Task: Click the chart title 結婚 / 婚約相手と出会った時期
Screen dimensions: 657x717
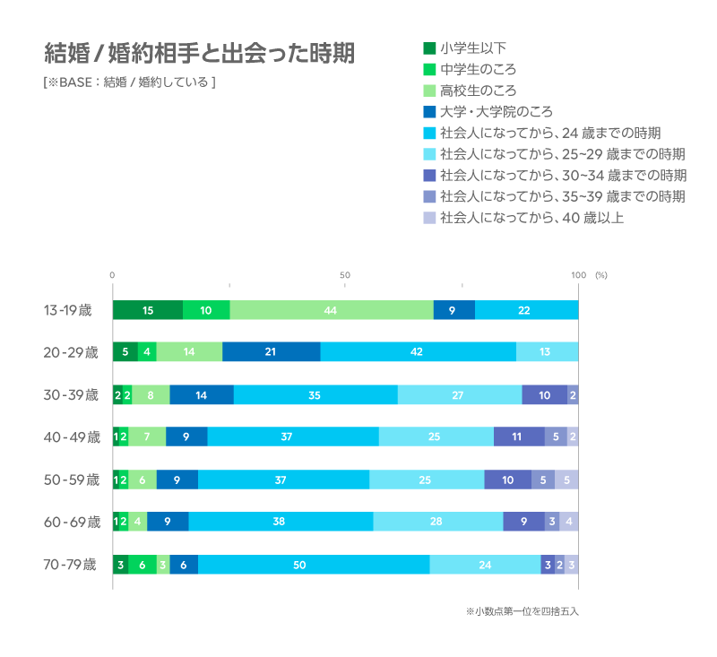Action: [199, 54]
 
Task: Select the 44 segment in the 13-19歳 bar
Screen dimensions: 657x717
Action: [332, 310]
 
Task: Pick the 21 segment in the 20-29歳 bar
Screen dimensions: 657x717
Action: [271, 352]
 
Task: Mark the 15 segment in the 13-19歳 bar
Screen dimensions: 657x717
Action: [148, 310]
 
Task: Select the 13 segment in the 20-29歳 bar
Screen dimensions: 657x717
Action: [547, 352]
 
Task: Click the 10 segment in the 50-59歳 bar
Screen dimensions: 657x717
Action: [508, 480]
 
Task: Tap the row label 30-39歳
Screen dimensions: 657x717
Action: [71, 394]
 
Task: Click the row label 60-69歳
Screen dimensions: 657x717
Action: [71, 522]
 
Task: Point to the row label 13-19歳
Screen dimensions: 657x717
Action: [68, 310]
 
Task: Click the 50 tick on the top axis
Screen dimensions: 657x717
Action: [345, 274]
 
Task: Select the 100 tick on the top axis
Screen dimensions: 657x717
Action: [578, 274]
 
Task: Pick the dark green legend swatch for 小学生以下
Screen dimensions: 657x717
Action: [429, 48]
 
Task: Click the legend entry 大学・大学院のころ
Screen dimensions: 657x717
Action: [496, 112]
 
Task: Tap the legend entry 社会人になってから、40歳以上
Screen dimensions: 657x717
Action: [531, 217]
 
